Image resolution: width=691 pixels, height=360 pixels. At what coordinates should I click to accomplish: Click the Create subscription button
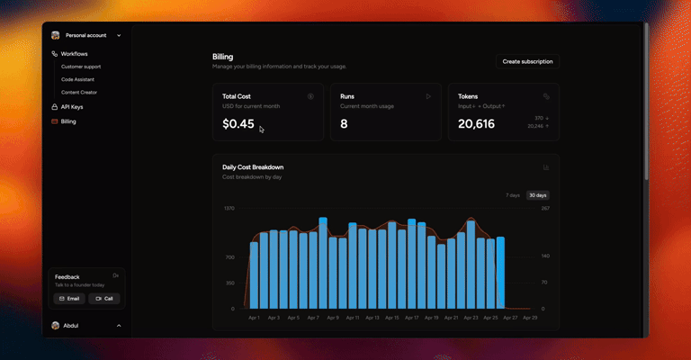(x=527, y=61)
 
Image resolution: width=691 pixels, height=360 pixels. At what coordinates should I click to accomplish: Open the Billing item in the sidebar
(x=68, y=121)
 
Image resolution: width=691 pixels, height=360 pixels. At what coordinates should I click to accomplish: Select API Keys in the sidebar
(x=72, y=106)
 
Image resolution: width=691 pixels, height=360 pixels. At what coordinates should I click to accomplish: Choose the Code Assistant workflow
(x=77, y=79)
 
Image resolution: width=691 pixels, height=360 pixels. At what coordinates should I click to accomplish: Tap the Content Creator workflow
(x=79, y=92)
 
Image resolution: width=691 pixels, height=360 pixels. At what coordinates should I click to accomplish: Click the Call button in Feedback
(x=104, y=298)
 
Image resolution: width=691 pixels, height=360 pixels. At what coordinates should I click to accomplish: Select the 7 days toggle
(x=512, y=195)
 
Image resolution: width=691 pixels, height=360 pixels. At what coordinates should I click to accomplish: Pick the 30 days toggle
(x=538, y=195)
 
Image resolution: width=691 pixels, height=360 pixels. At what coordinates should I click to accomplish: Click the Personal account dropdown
(x=86, y=35)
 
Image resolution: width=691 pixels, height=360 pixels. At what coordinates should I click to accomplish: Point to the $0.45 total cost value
(x=238, y=124)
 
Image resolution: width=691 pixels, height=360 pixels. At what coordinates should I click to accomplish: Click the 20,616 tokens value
(x=476, y=124)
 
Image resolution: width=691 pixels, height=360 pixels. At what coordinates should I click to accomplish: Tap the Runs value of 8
(x=344, y=124)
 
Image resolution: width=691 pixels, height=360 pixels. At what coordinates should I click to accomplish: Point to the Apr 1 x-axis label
(x=253, y=318)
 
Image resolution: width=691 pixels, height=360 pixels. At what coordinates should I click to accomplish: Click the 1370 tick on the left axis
(x=229, y=208)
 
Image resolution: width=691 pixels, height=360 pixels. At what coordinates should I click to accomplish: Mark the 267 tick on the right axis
(x=544, y=208)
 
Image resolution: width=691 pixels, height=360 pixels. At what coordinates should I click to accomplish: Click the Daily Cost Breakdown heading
(x=253, y=167)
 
